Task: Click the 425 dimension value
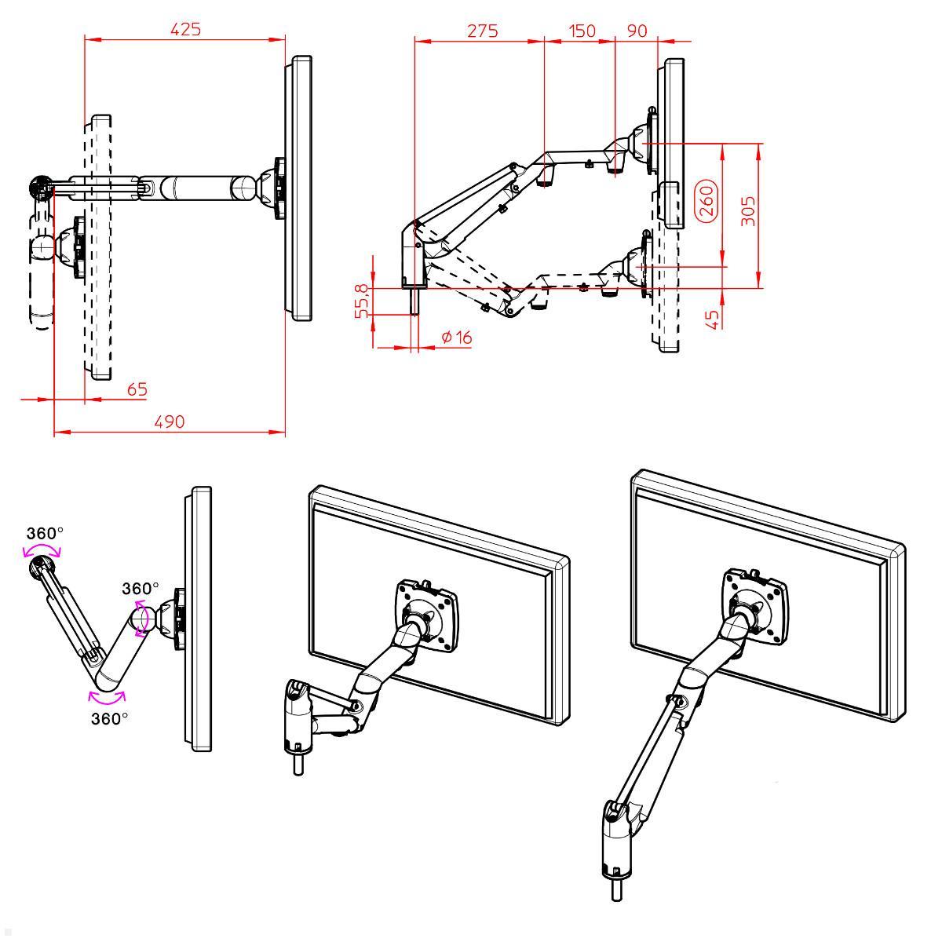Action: point(186,29)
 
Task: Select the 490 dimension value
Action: point(169,422)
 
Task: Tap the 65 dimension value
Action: point(137,389)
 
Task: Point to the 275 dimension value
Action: point(483,31)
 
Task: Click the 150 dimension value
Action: point(582,31)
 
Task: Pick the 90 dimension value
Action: point(637,31)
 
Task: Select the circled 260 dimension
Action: point(706,202)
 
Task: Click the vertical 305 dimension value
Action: point(749,211)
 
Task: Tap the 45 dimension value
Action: point(714,319)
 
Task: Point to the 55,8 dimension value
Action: point(362,301)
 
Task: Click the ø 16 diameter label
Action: point(456,338)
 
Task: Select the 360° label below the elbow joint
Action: point(109,718)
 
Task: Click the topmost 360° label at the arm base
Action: point(45,533)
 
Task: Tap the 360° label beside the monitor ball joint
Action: point(140,588)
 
